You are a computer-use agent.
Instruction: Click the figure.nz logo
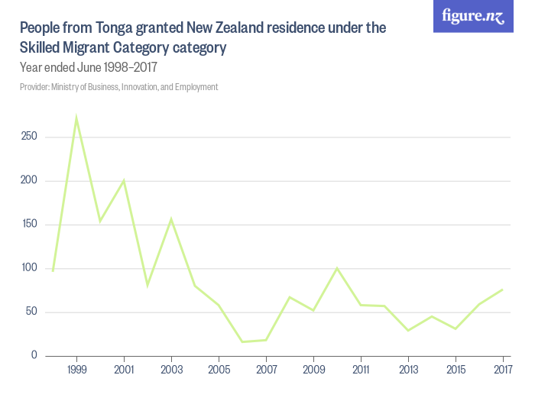click(473, 16)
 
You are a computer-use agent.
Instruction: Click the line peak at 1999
click(76, 118)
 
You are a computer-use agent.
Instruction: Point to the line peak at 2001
click(124, 180)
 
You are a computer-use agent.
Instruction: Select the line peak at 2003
click(171, 218)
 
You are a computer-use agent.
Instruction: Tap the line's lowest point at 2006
click(242, 341)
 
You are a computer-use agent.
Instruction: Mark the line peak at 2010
click(337, 268)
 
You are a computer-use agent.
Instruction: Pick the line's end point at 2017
click(503, 289)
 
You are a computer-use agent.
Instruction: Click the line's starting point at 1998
click(53, 270)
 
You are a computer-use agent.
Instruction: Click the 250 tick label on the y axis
click(30, 137)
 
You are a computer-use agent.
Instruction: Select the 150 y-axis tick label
click(30, 225)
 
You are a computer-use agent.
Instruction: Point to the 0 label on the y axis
click(34, 355)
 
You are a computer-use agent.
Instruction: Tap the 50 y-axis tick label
click(31, 312)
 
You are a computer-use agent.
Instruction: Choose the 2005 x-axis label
click(219, 370)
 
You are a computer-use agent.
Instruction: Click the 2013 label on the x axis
click(408, 370)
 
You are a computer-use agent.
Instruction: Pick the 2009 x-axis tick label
click(313, 370)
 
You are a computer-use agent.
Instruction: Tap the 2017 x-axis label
click(502, 370)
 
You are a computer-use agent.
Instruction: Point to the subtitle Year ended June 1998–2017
click(89, 67)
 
